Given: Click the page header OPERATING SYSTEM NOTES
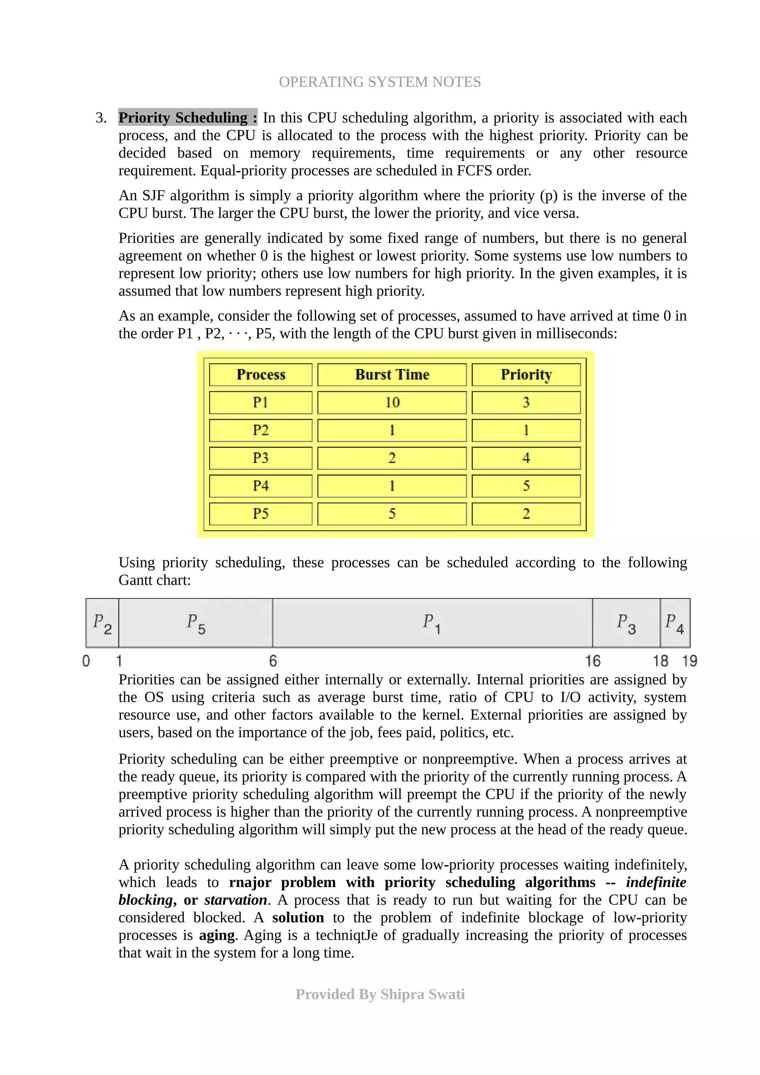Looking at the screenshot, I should click(380, 82).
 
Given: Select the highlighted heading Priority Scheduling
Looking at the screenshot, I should click(187, 117).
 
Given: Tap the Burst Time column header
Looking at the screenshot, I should click(392, 375).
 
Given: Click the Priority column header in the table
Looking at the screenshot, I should click(526, 375).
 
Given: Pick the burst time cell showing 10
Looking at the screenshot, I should click(392, 402).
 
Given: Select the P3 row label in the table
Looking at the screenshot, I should click(261, 458).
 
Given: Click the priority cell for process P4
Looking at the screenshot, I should click(526, 486).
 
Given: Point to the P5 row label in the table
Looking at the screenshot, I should click(261, 514).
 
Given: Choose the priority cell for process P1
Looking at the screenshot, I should click(526, 402).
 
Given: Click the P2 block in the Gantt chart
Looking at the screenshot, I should click(102, 623).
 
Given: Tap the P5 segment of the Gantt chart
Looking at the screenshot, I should click(196, 623).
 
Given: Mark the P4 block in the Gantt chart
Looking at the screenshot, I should click(675, 623).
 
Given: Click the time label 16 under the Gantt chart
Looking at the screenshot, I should click(592, 661).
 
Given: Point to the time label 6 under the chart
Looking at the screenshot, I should click(273, 661).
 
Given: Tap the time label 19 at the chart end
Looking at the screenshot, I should click(689, 661).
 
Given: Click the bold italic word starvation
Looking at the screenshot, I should click(236, 900).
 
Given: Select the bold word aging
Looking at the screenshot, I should click(217, 935).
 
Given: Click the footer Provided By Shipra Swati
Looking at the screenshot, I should click(380, 994).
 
